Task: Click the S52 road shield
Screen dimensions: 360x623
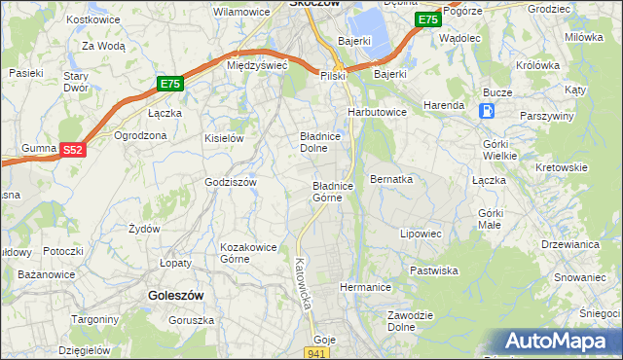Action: coord(73,149)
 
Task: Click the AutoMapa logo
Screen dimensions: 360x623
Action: coord(558,342)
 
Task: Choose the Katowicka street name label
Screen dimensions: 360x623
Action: coord(303,283)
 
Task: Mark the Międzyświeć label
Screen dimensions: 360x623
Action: coord(255,65)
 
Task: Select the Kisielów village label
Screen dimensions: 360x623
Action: coord(223,138)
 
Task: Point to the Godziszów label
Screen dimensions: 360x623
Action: coord(230,182)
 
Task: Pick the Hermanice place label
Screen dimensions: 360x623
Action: coord(365,288)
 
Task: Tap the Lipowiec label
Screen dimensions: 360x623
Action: coord(421,234)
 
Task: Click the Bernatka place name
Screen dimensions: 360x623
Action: coord(392,181)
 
